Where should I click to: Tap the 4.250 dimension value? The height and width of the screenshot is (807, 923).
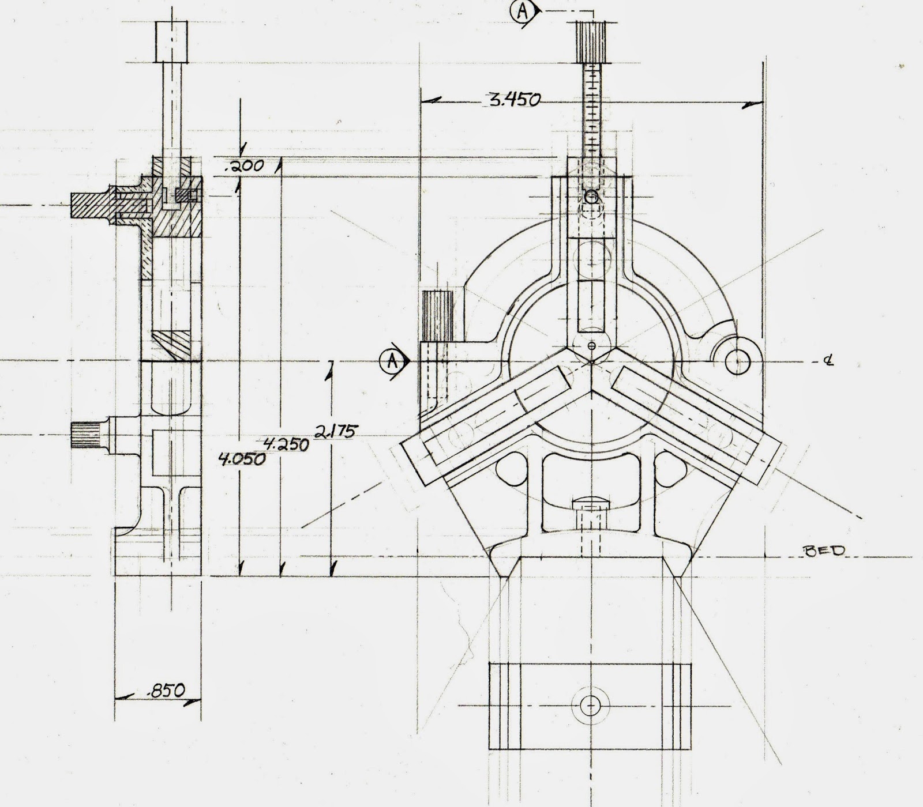click(286, 445)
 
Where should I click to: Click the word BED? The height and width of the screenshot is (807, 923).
click(824, 550)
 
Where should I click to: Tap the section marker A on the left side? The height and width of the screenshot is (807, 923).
click(392, 361)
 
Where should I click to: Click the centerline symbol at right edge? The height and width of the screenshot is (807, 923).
click(829, 361)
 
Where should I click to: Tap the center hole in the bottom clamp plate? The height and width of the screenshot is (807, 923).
click(590, 704)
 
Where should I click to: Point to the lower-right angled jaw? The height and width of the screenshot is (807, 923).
click(695, 424)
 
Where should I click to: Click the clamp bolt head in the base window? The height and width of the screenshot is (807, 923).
click(591, 505)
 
